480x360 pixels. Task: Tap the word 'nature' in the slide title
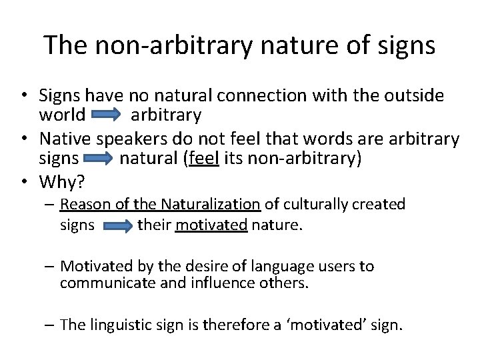[290, 45]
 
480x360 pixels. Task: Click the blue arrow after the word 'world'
[106, 116]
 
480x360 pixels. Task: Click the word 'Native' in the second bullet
[65, 139]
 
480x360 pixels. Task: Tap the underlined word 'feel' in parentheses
[204, 159]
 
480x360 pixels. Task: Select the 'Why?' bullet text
[61, 181]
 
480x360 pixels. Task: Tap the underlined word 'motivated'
[211, 225]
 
